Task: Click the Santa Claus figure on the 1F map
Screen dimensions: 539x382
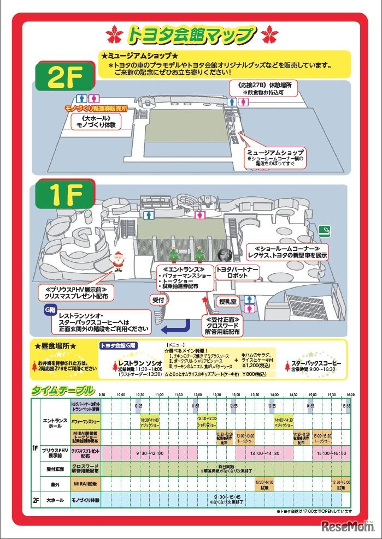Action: pos(117,261)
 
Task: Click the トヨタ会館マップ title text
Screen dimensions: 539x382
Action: pos(191,35)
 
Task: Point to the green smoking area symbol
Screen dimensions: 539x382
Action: pos(325,230)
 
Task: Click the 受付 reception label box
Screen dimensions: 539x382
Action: pos(157,300)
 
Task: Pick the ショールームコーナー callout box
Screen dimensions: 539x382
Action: pos(287,251)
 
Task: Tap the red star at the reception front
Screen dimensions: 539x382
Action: pos(205,300)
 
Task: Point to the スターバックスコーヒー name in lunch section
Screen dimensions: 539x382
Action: pos(316,363)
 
